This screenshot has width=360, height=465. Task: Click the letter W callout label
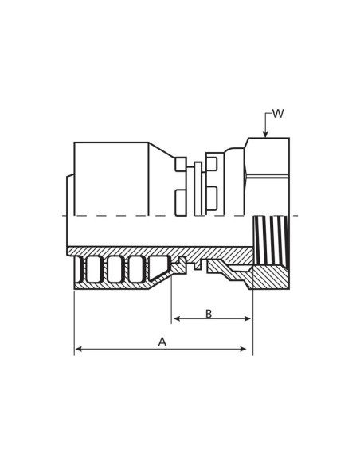coord(277,114)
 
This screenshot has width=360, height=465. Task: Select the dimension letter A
coord(162,342)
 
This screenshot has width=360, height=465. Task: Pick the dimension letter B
coord(209,314)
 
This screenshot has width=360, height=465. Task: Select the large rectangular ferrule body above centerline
coord(111,178)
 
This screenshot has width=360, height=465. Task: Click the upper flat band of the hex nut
coord(268,156)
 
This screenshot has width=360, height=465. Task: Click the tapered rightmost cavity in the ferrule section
coord(158,268)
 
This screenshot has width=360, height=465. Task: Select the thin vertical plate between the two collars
coord(198,188)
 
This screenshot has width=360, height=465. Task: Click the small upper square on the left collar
coord(181,164)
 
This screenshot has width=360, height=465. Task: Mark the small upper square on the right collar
coord(212,164)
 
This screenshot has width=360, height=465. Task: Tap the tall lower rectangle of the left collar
coord(181,202)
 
